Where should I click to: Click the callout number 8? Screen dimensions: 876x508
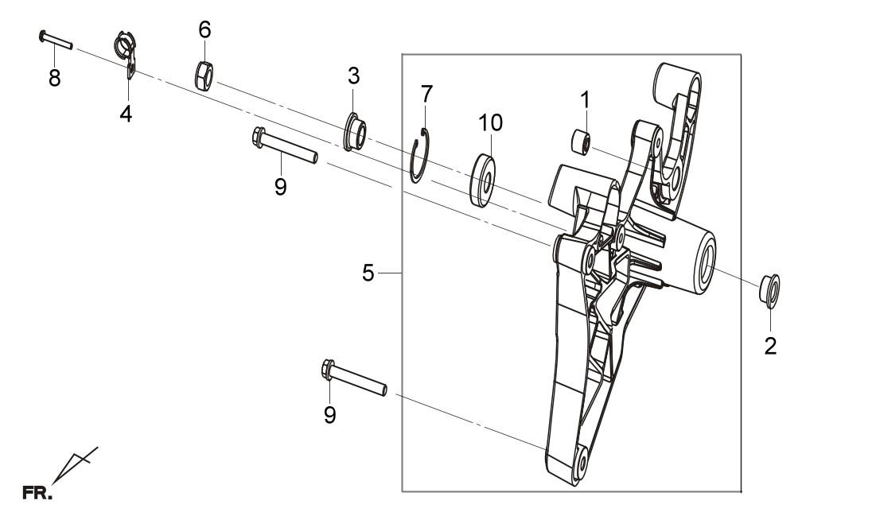pyautogui.click(x=54, y=78)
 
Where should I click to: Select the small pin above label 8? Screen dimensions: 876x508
pyautogui.click(x=56, y=41)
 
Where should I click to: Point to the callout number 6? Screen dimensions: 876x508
pyautogui.click(x=205, y=29)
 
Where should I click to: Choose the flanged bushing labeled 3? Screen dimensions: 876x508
pyautogui.click(x=355, y=132)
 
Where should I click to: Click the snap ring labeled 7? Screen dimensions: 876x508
pyautogui.click(x=419, y=156)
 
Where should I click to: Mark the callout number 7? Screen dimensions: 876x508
pyautogui.click(x=426, y=94)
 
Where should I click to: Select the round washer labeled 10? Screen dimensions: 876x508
pyautogui.click(x=483, y=180)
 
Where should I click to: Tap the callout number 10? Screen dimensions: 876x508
pyautogui.click(x=490, y=122)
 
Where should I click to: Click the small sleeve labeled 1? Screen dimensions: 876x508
pyautogui.click(x=581, y=142)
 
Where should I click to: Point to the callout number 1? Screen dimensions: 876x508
pyautogui.click(x=585, y=100)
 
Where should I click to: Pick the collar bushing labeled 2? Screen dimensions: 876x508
pyautogui.click(x=769, y=291)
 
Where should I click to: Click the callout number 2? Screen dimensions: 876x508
pyautogui.click(x=770, y=347)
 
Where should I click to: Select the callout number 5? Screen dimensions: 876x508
pyautogui.click(x=368, y=273)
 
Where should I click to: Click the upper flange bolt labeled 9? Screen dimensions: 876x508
pyautogui.click(x=285, y=145)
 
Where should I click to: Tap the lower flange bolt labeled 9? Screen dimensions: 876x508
pyautogui.click(x=354, y=378)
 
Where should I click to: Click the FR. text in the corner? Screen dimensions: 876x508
pyautogui.click(x=37, y=493)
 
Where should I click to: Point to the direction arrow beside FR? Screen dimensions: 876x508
pyautogui.click(x=75, y=464)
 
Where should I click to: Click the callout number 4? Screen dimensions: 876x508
pyautogui.click(x=126, y=114)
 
